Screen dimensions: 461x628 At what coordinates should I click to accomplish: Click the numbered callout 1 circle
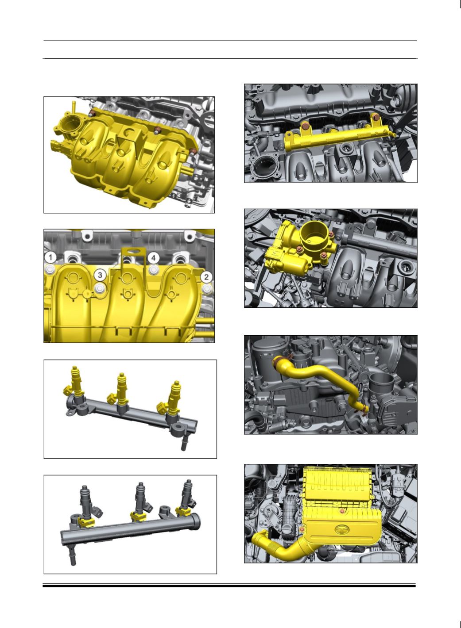coord(50,257)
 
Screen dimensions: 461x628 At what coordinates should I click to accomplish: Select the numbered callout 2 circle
coord(206,277)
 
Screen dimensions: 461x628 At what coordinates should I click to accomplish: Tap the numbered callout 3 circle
coord(100,275)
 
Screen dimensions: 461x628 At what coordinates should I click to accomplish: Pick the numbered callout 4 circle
coord(153,257)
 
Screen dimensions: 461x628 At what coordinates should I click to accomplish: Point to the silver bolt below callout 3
coord(100,288)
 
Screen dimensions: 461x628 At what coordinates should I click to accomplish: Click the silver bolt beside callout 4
coord(153,269)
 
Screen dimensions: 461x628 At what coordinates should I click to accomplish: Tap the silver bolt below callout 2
coord(207,288)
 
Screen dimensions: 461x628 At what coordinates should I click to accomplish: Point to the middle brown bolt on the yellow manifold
coord(158,130)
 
